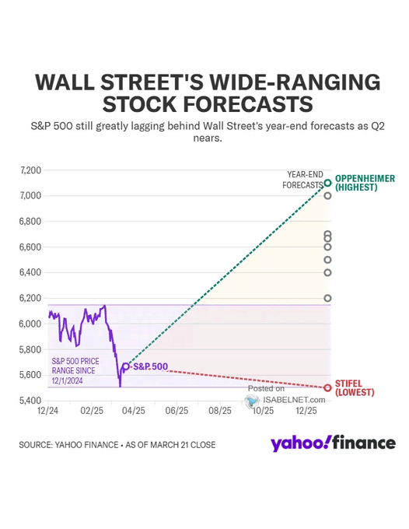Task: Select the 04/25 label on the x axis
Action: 134,410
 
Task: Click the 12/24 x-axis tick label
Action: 48,410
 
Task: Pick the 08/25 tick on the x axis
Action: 220,410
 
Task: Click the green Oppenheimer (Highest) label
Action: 365,183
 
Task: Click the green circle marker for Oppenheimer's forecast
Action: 328,183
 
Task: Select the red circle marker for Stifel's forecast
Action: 328,387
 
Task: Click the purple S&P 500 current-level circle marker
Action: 126,366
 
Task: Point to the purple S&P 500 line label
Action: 150,366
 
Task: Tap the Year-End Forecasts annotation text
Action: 305,180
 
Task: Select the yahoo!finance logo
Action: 333,443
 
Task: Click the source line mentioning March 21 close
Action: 117,445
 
